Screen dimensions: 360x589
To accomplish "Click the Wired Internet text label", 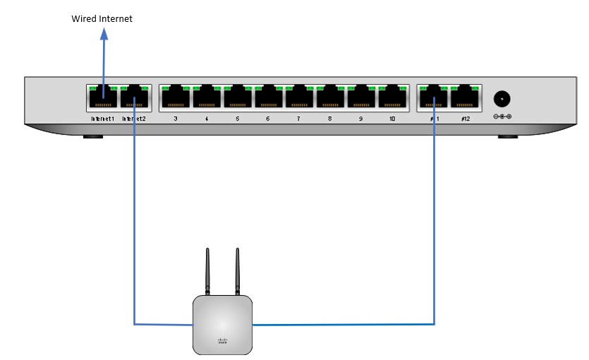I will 102,18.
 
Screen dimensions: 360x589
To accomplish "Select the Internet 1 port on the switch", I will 102,98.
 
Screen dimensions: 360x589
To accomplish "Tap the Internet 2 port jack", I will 134,98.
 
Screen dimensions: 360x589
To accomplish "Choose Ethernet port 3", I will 175,98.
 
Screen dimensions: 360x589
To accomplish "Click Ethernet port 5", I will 237,98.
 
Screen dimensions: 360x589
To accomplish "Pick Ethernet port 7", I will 299,98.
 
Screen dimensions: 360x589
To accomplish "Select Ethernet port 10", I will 391,98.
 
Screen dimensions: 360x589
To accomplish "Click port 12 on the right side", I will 466,98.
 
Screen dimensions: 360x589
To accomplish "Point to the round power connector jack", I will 502,99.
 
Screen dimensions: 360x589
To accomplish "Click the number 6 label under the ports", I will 267,119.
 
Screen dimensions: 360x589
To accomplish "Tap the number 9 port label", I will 360,119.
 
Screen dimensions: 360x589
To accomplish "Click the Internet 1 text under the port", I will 102,119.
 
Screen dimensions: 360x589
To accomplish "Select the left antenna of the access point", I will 207,271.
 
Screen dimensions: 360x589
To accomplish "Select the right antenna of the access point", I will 237,271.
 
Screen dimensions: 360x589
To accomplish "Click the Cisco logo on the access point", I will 222,340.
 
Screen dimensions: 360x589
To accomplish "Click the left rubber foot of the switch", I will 93,135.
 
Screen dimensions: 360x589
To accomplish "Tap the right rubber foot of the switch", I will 507,135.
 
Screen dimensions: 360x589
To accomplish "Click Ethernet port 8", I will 330,98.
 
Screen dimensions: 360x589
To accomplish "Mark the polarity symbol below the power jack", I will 502,116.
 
